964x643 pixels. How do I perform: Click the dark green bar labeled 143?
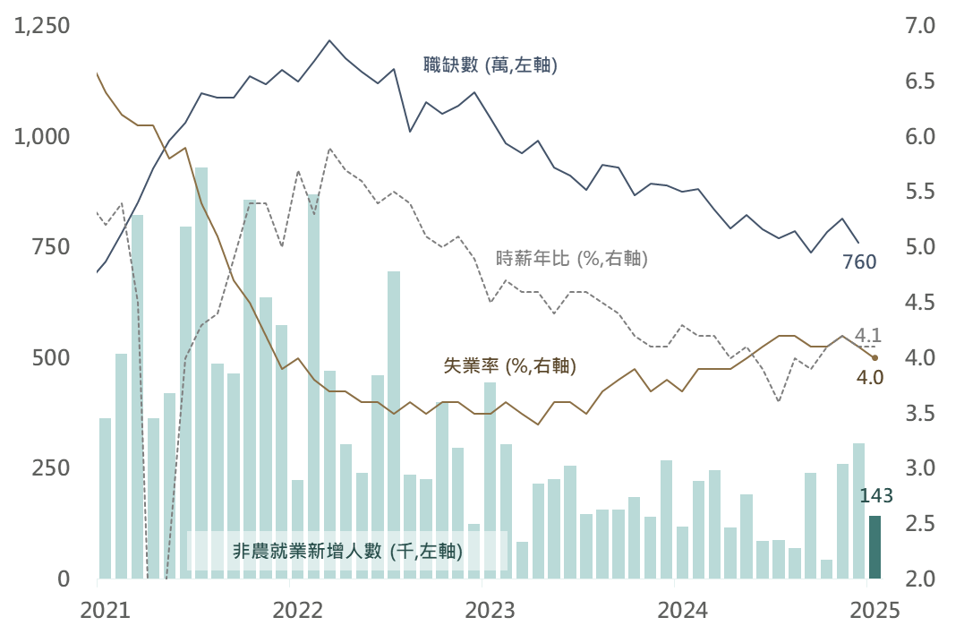coord(874,547)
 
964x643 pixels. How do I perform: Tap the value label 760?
coord(859,262)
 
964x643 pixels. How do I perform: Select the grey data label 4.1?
coord(868,337)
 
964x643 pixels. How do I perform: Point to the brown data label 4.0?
coord(869,377)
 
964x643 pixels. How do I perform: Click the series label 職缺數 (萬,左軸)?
coord(491,64)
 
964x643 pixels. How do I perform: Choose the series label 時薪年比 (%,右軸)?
coord(571,259)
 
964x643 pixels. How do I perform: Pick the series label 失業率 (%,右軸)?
coord(510,366)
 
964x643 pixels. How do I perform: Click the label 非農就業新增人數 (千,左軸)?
coord(347,552)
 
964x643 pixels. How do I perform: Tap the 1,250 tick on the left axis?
coord(42,27)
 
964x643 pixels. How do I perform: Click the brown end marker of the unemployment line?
coord(874,358)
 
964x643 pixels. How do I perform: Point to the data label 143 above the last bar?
coord(875,496)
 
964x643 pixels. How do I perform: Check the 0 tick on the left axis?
coord(64,579)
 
